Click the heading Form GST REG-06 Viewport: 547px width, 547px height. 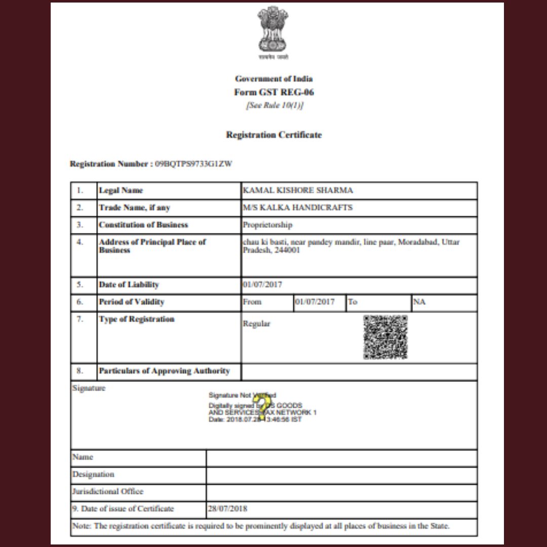[x=273, y=92]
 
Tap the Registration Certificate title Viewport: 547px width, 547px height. [x=273, y=135]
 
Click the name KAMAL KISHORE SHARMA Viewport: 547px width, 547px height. [x=298, y=190]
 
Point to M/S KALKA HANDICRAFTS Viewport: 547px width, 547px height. [x=298, y=208]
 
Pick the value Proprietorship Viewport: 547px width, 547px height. [x=267, y=225]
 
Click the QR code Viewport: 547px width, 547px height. [x=385, y=337]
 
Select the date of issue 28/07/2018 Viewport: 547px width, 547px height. [x=227, y=509]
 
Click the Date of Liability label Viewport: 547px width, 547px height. [x=129, y=285]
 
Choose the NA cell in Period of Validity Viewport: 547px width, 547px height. [x=419, y=302]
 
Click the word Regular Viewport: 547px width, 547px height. [x=257, y=324]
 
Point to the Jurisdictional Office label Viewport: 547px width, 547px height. [x=108, y=491]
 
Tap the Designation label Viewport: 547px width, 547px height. [x=93, y=475]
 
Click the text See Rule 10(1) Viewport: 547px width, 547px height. [x=273, y=106]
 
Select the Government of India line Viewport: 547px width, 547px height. [x=273, y=79]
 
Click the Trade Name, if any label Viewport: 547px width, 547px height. [x=134, y=208]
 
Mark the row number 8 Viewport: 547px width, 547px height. [x=80, y=371]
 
